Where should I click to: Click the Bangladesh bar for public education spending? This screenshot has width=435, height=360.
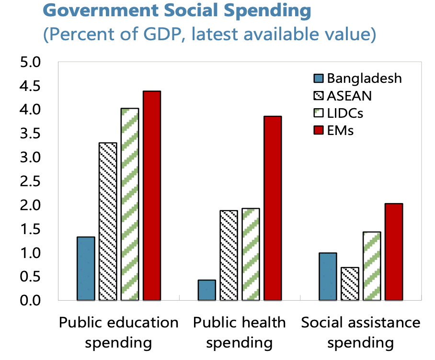pyautogui.click(x=86, y=269)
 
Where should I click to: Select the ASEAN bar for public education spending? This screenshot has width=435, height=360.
pyautogui.click(x=107, y=221)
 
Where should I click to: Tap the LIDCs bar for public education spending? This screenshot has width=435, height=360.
pyautogui.click(x=129, y=204)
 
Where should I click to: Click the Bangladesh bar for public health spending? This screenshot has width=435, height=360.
pyautogui.click(x=206, y=290)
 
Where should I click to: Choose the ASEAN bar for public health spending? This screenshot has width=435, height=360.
pyautogui.click(x=229, y=255)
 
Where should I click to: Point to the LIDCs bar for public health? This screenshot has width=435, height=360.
pyautogui.click(x=251, y=254)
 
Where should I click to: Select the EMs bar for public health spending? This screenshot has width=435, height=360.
pyautogui.click(x=272, y=208)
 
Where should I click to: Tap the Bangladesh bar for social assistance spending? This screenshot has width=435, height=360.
pyautogui.click(x=328, y=276)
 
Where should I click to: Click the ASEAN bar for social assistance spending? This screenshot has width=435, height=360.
pyautogui.click(x=349, y=283)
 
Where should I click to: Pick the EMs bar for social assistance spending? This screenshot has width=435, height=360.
pyautogui.click(x=393, y=252)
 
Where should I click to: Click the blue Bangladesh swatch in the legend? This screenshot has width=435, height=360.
pyautogui.click(x=319, y=78)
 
